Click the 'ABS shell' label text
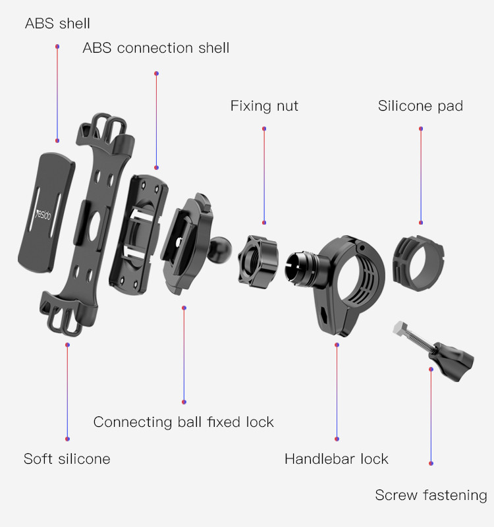point(57,24)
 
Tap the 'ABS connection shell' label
point(156,48)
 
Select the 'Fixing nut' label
point(264,106)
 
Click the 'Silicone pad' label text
point(420,106)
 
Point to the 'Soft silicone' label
point(67,458)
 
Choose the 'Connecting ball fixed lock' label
point(184,422)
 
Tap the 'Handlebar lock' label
point(337,458)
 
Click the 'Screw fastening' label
point(431,495)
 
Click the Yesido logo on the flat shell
point(43,215)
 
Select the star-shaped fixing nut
point(258,262)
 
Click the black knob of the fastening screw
point(454,361)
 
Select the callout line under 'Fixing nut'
point(264,176)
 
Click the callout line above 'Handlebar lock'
point(337,392)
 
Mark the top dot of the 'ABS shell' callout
point(57,46)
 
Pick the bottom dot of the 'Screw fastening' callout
point(431,463)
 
